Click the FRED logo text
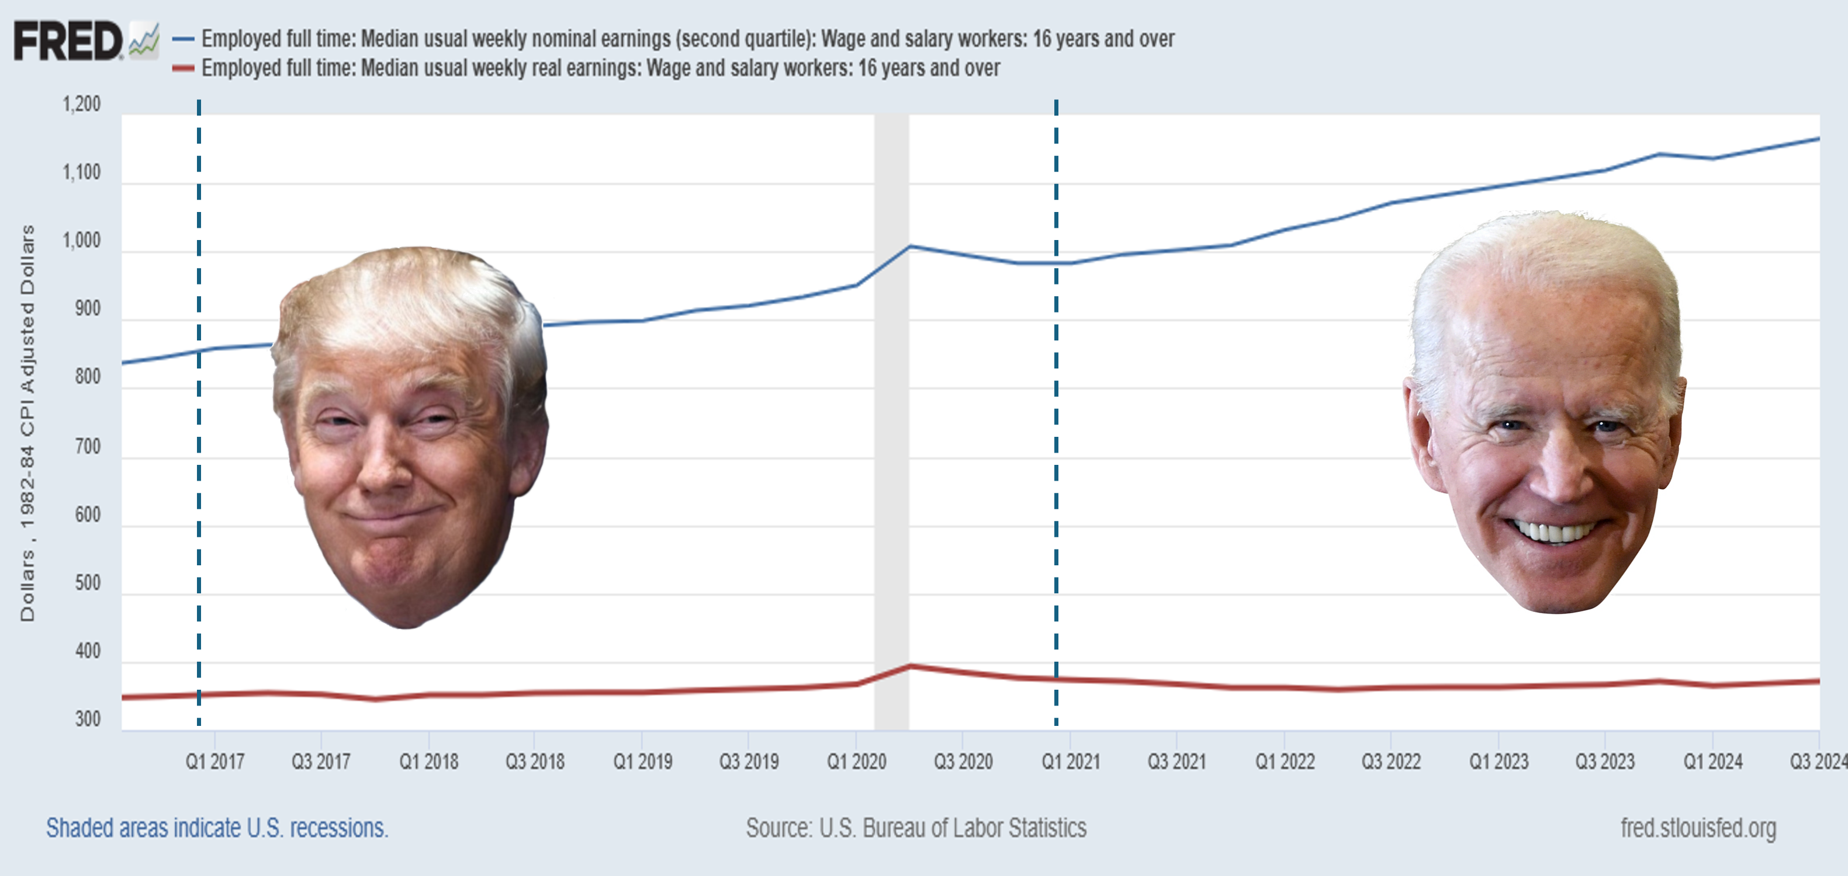tap(68, 41)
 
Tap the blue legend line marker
tap(184, 39)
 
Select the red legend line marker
tap(184, 69)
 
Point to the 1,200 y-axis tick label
tap(82, 105)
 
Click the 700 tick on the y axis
tap(88, 447)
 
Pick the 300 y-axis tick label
tap(88, 719)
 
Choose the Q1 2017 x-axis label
tap(214, 762)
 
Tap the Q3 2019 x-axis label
tap(749, 762)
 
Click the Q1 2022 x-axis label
tap(1284, 762)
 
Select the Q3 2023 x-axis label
tap(1605, 762)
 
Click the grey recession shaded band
tap(891, 430)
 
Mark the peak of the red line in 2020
tap(909, 666)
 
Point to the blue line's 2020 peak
tap(909, 246)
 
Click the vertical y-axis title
tap(27, 423)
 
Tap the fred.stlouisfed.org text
tap(1698, 828)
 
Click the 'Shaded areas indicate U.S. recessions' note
tap(217, 828)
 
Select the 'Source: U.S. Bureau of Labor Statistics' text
tap(916, 828)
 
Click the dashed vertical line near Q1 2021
tap(1056, 430)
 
